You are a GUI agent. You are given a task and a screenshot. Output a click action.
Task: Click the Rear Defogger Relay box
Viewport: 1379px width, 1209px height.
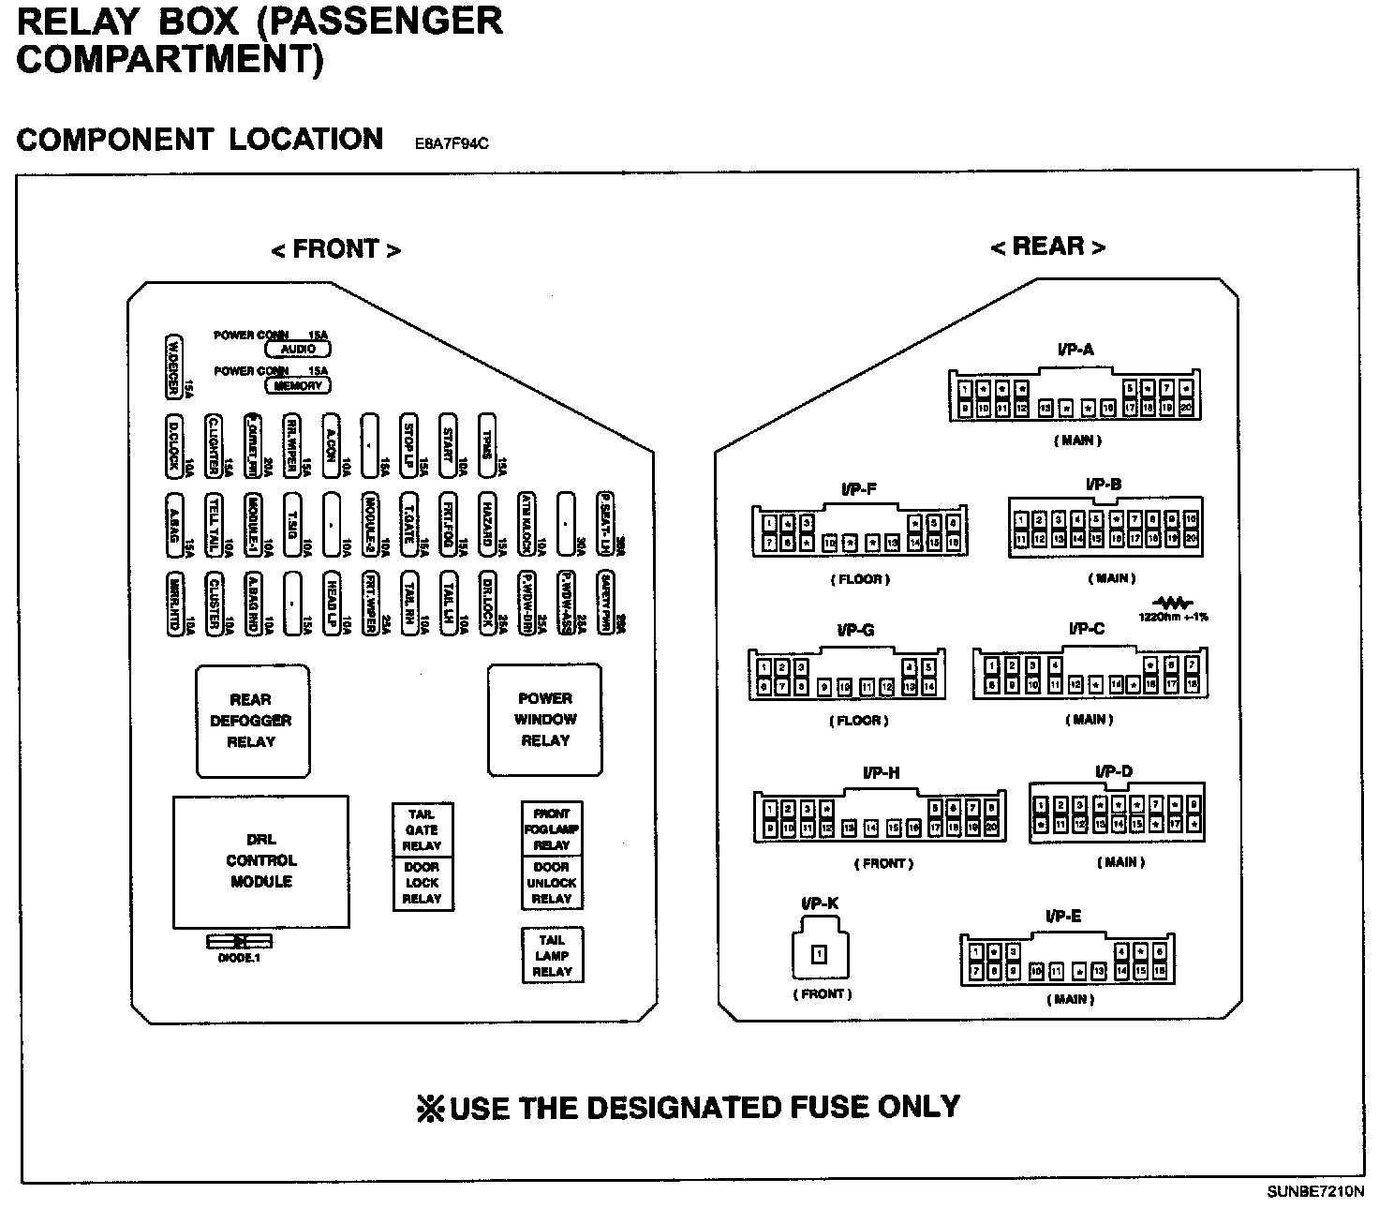coord(252,721)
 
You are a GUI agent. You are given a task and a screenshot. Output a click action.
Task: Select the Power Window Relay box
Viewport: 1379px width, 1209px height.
coord(544,720)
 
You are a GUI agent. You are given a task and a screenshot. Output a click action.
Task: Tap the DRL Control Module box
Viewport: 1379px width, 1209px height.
coord(260,861)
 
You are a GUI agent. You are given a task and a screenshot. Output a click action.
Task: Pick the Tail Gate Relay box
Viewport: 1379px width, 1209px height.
coord(422,830)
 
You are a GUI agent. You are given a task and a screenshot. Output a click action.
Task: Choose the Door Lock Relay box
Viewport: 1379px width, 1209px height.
coord(422,884)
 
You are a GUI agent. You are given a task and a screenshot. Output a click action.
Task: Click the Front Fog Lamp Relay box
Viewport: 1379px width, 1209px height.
coord(552,829)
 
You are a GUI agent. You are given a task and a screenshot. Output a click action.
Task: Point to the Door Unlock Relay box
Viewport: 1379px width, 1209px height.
coord(552,883)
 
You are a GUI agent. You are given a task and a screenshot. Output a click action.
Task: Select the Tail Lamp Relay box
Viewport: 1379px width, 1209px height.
coord(552,956)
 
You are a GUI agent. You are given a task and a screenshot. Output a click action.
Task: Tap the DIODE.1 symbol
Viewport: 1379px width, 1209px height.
coord(239,941)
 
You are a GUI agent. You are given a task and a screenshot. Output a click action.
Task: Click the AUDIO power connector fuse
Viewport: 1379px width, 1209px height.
coord(298,350)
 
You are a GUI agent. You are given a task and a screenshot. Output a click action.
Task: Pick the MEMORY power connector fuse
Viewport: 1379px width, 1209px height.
coord(298,385)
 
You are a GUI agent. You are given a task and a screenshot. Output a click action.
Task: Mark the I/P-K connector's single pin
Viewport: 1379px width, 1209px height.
coord(819,955)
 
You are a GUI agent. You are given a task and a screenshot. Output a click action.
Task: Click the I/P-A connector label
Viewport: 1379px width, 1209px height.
coord(1075,351)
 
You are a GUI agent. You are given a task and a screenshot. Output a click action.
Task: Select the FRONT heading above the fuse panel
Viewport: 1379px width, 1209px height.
coord(335,249)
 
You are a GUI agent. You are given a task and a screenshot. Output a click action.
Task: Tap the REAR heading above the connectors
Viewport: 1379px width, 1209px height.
coord(1047,246)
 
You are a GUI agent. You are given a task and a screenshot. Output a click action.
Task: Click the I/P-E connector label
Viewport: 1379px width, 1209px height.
coord(1063,916)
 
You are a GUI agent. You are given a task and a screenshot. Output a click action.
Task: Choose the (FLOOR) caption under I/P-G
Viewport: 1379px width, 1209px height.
coord(859,721)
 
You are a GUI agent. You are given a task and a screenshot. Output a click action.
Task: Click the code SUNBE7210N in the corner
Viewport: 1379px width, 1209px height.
coord(1315,1192)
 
